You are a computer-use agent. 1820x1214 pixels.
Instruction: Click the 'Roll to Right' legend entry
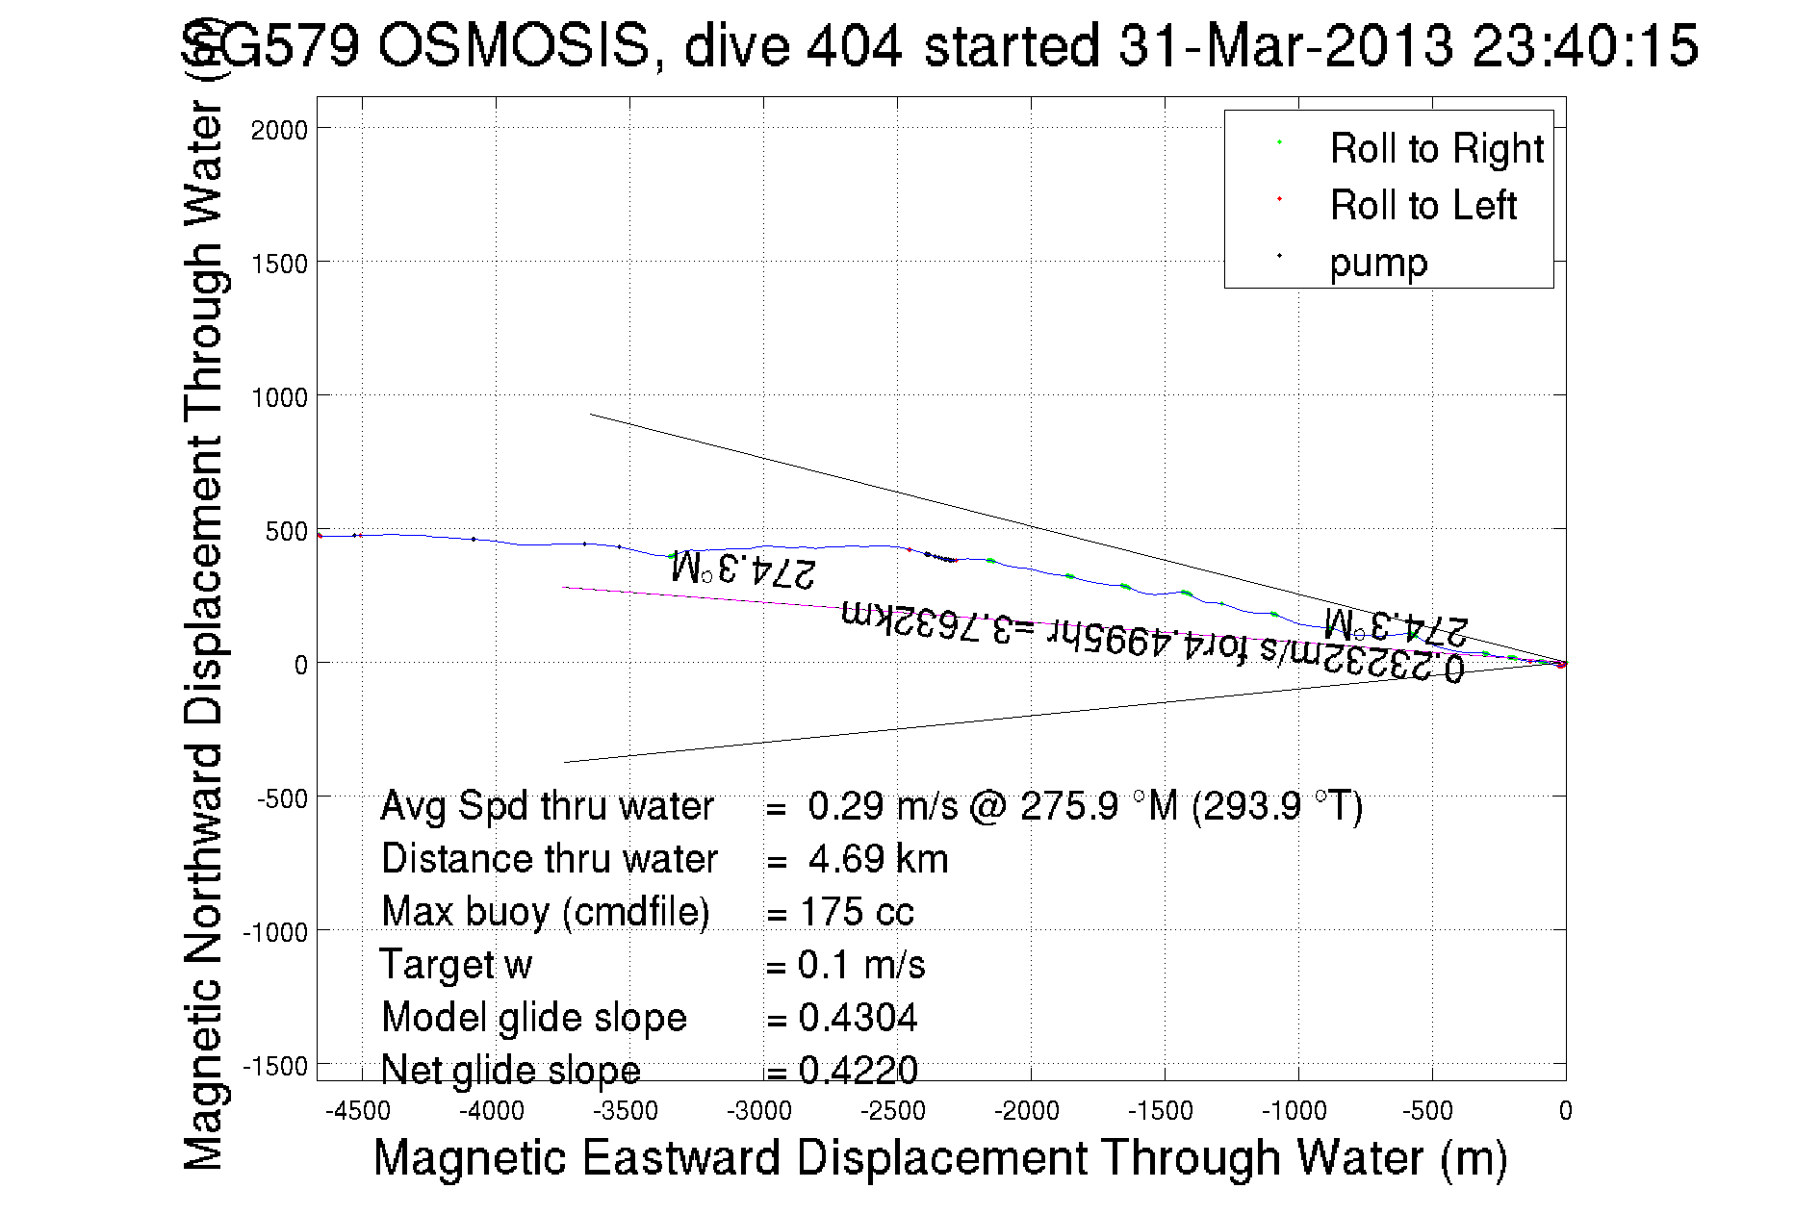(1436, 149)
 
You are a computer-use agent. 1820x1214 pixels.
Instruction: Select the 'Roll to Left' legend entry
(1423, 206)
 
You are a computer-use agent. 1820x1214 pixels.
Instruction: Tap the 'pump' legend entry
(1378, 263)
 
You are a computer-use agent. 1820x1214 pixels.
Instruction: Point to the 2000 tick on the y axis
(279, 130)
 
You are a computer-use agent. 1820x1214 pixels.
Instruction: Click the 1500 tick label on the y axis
(279, 264)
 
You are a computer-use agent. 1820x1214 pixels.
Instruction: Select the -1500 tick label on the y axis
(275, 1066)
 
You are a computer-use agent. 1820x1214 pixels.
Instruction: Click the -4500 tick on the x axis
(358, 1111)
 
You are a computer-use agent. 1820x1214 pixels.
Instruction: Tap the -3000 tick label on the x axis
(759, 1111)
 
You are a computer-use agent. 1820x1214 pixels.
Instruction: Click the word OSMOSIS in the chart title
(514, 46)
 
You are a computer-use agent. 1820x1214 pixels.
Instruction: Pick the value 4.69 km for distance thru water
(878, 859)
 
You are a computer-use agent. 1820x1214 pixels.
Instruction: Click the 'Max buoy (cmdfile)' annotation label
(545, 912)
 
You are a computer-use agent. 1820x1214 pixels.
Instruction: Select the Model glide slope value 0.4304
(858, 1018)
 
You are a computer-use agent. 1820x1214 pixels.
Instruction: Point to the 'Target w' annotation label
(455, 965)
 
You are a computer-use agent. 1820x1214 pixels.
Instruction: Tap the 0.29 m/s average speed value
(883, 806)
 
